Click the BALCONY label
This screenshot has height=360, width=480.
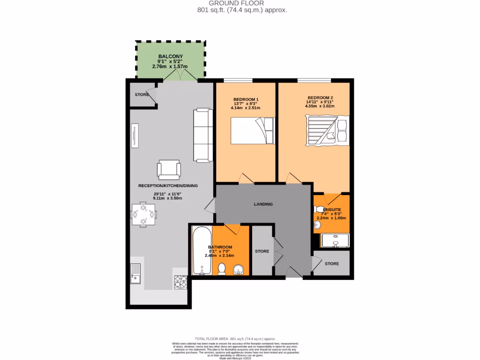coord(170,56)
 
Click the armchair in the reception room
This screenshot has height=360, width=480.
coord(169,170)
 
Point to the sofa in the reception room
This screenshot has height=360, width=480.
coord(202,135)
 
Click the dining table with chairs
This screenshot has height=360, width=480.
coord(143,214)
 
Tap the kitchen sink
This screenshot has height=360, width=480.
coord(135,274)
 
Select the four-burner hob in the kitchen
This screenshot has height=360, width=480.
coord(181,281)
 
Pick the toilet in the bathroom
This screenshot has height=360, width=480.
coord(222,269)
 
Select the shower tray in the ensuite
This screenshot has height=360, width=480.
coord(336,240)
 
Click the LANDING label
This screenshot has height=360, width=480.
coord(263,204)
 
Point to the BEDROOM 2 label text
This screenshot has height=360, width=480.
coord(320,97)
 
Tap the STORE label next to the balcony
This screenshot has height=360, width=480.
coord(142,95)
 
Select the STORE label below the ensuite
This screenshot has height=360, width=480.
coord(332,263)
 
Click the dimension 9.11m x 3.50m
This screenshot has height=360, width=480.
coord(167,198)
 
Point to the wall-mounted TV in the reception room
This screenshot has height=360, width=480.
coord(135,135)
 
